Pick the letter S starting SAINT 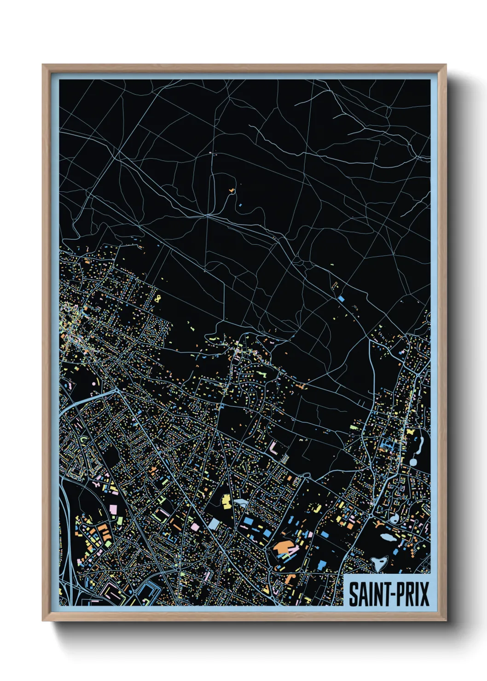click(x=353, y=594)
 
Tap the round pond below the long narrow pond click(x=413, y=462)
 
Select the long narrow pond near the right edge click(x=419, y=444)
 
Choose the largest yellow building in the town click(x=226, y=501)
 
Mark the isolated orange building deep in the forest click(x=232, y=190)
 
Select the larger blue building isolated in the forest click(x=341, y=299)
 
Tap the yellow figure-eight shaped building click(x=158, y=299)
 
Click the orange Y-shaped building click(x=379, y=524)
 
